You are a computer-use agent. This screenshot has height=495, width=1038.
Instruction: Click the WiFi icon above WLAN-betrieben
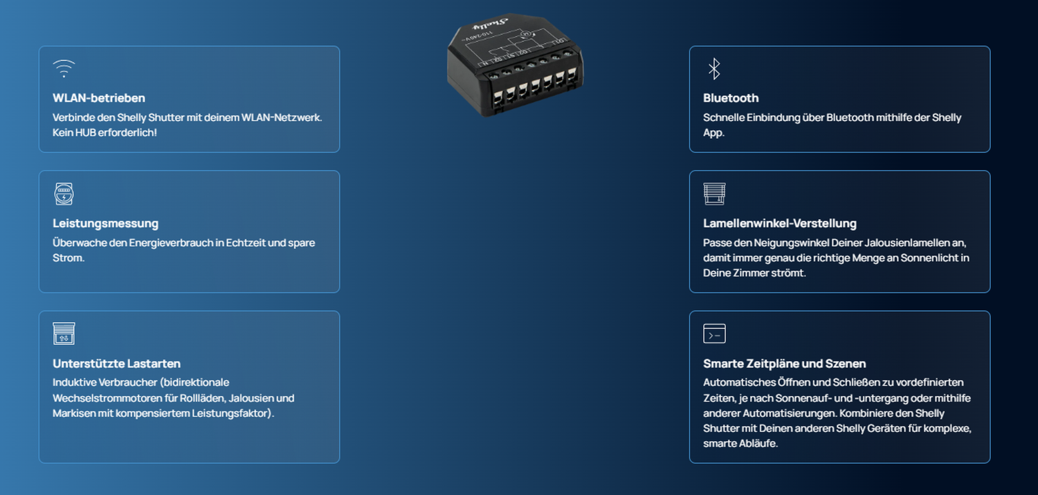(64, 68)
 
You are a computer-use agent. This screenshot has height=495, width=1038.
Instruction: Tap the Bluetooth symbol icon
(714, 68)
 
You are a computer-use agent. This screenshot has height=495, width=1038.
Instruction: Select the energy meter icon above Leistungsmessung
(64, 194)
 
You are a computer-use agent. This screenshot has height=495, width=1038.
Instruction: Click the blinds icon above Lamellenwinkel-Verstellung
(714, 194)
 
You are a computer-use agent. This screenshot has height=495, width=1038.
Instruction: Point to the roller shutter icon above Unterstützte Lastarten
(64, 333)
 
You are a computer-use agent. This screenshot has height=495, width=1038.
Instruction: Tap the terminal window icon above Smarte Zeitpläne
(714, 333)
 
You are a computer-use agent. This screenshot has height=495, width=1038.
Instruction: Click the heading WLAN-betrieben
(99, 98)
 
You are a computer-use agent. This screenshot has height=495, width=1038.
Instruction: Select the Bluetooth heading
(731, 98)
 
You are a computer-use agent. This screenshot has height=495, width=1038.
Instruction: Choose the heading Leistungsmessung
(105, 223)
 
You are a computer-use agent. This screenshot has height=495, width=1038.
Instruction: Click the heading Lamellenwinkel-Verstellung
(780, 223)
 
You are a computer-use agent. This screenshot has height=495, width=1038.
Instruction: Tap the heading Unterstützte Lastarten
(116, 364)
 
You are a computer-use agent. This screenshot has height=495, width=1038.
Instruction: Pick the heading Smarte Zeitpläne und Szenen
(784, 364)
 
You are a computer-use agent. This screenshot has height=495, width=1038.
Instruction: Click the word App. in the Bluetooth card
(713, 133)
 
